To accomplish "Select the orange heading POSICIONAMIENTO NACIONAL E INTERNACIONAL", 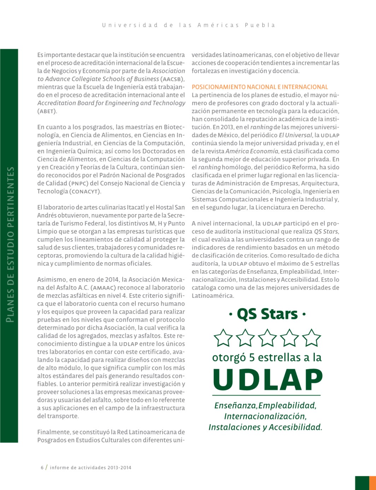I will (260, 87).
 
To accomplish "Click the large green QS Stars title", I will (267, 314).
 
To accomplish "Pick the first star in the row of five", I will (223, 338).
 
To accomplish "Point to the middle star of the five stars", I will (268, 338).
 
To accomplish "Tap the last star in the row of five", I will (312, 338).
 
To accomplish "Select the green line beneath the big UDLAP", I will (266, 395).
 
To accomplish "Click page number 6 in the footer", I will (42, 468).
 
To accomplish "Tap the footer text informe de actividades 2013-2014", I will (90, 468).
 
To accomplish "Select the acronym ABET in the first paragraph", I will (47, 111).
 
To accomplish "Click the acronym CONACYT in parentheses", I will (85, 191).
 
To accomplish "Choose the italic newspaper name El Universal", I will (295, 135).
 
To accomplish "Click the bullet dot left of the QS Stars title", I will (231, 314).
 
